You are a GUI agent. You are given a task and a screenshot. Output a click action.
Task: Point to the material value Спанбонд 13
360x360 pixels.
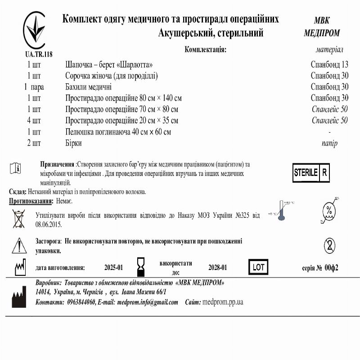(329, 64)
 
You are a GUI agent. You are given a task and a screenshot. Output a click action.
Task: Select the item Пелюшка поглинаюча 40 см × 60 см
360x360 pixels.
(118, 132)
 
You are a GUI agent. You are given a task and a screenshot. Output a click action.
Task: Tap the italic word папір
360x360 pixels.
(329, 143)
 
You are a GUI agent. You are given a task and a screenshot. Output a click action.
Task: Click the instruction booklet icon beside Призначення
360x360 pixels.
(15, 168)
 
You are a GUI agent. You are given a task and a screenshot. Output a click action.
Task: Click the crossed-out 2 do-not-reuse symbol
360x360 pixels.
(329, 246)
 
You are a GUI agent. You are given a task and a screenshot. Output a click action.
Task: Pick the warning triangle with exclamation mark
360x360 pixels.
(19, 245)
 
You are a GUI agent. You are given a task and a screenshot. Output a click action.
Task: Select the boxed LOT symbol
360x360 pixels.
(258, 267)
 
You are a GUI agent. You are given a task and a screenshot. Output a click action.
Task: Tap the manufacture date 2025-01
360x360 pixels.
(113, 268)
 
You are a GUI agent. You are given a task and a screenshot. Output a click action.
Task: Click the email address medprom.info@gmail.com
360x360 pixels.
(148, 302)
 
